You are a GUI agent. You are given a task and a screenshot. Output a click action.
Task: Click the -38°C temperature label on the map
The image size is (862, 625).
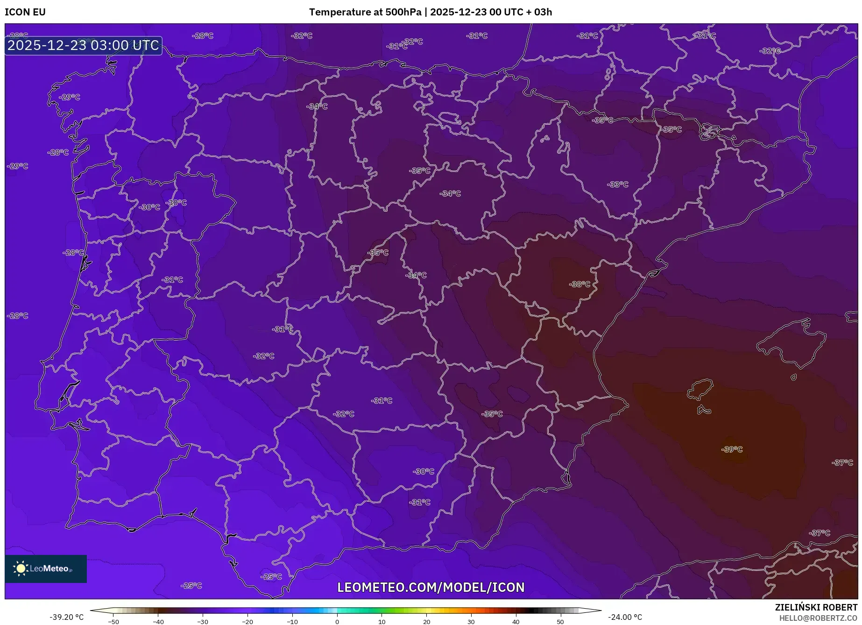coord(579,284)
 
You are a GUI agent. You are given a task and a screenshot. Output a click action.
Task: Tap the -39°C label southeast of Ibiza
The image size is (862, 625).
coord(732,449)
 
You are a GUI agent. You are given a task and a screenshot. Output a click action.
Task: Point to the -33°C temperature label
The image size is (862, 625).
coord(617,185)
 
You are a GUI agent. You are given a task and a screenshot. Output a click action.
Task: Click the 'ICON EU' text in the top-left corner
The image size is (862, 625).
coord(25,12)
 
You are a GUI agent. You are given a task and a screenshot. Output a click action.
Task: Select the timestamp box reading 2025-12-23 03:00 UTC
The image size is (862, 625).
coord(84,46)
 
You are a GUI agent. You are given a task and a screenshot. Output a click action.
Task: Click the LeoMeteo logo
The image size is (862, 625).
coord(46,568)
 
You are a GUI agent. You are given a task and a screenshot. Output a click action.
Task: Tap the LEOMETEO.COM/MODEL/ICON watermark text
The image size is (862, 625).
coord(431,587)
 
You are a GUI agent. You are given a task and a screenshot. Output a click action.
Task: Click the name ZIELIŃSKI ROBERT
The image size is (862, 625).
coord(816,608)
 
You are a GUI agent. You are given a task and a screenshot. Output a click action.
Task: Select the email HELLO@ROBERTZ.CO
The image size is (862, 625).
coord(818,618)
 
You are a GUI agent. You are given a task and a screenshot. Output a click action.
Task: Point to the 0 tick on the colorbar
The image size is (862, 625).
coord(337,622)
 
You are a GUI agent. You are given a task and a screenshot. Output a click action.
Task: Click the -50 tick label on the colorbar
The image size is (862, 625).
coord(113,622)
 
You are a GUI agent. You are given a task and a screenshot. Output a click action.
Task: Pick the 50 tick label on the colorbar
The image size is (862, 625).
coord(560,622)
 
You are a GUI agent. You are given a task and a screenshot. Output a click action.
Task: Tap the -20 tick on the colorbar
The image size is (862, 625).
coord(247,622)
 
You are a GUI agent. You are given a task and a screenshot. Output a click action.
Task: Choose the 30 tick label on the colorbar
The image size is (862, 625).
coord(471,622)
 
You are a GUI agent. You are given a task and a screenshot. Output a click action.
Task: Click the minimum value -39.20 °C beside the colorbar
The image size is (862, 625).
coord(67,617)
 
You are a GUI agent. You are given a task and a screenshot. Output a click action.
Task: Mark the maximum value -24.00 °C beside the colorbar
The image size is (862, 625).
coord(625,617)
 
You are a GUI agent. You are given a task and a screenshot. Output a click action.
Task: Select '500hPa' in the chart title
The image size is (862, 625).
coord(403,12)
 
